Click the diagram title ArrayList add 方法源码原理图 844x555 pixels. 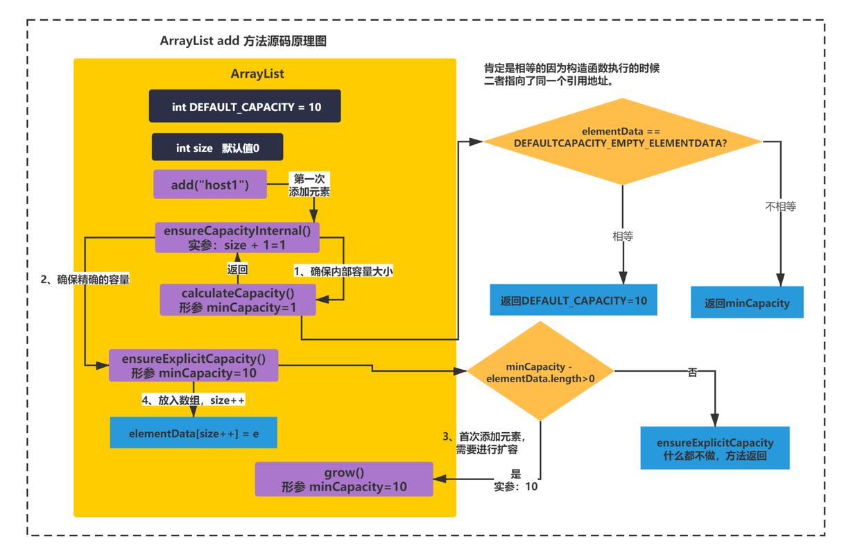point(243,42)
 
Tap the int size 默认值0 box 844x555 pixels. point(218,148)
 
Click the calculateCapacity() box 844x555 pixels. point(237,300)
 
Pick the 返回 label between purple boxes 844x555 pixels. point(238,268)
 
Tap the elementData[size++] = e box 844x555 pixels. point(193,433)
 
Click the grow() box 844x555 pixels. point(344,479)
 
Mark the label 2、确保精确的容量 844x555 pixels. point(86,280)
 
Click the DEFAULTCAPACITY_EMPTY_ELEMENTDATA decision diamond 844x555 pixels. point(622,137)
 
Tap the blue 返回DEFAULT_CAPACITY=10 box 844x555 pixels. point(574,300)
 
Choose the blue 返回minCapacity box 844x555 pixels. point(747,302)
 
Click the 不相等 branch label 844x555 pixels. point(780,206)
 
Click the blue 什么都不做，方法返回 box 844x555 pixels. point(714,447)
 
